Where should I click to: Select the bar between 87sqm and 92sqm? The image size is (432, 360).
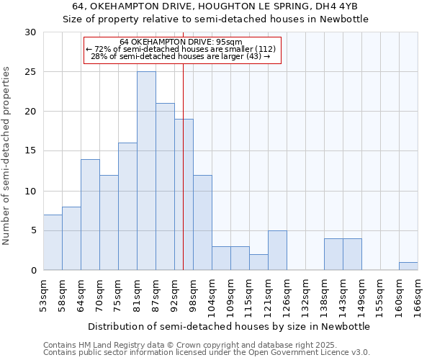165,186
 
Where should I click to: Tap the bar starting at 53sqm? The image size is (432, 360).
53,242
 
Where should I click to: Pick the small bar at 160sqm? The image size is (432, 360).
408,266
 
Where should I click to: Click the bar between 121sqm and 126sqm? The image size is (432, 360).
277,250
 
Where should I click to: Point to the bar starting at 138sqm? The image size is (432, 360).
333,254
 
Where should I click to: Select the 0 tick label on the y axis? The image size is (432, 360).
33,270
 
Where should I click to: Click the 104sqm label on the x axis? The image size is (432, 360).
212,295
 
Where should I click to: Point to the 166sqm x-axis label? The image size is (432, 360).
418,295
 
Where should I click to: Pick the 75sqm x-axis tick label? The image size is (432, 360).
118,294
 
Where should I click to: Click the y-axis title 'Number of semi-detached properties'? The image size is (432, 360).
7,156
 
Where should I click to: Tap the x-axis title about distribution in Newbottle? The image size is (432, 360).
230,326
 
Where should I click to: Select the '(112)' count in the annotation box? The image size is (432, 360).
259,49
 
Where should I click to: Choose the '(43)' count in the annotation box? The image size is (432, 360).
256,56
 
